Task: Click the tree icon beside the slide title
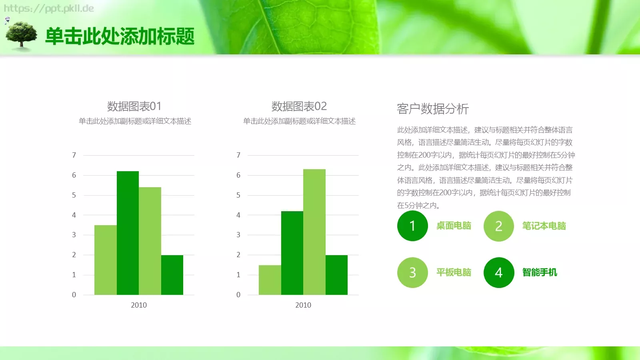coord(21,36)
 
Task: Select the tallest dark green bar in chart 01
coord(128,233)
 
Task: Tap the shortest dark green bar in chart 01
coord(172,275)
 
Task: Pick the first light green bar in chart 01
coord(106,260)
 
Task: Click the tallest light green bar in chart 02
coord(314,232)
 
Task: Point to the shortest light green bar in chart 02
coord(270,280)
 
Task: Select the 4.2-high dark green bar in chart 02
coord(292,253)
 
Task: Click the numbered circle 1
coord(412,226)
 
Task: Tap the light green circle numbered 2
coord(498,226)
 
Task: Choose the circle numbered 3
coord(412,272)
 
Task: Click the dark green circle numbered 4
coord(498,272)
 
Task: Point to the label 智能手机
coord(540,272)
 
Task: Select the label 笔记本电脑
coord(544,226)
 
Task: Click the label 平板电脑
coord(454,272)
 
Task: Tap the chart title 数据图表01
coord(134,106)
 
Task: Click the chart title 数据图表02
coord(299,106)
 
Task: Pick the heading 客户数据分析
coord(433,109)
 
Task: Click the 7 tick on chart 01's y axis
coord(74,155)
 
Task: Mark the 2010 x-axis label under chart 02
coord(303,305)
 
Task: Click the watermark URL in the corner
coord(49,8)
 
